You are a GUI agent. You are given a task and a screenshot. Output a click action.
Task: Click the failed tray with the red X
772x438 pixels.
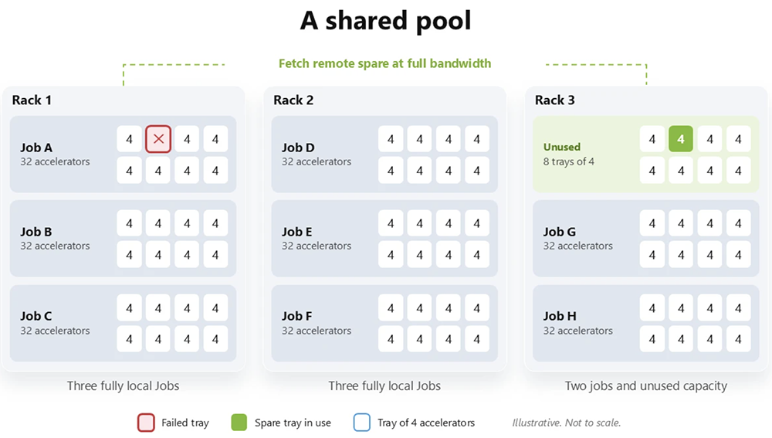click(x=158, y=139)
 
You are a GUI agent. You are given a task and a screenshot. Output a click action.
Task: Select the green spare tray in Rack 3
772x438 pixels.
click(x=680, y=139)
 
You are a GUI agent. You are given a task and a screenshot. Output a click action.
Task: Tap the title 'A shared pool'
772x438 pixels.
click(x=385, y=21)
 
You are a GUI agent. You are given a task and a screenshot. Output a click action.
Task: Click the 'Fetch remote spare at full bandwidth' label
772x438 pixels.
click(x=384, y=63)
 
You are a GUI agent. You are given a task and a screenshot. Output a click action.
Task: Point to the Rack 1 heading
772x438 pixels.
click(x=32, y=100)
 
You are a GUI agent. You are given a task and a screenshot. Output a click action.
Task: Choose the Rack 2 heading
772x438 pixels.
click(x=293, y=100)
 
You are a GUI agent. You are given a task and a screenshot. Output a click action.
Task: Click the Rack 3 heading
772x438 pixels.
click(x=555, y=100)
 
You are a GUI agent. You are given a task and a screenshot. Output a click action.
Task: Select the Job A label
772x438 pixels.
click(x=36, y=148)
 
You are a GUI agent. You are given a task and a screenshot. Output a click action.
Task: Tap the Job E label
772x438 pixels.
click(x=297, y=232)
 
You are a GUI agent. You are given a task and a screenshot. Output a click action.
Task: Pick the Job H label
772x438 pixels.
click(x=560, y=316)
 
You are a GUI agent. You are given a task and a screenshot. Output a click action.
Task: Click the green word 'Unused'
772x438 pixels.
click(x=562, y=147)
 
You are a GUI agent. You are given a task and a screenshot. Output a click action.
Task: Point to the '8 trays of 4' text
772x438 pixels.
click(x=569, y=161)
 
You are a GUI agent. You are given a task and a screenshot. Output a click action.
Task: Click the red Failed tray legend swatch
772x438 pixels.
click(x=146, y=423)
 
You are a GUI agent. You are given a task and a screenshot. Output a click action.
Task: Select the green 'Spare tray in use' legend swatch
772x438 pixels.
click(x=239, y=423)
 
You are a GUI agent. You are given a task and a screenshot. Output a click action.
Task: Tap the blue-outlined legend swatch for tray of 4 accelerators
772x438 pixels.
click(x=362, y=423)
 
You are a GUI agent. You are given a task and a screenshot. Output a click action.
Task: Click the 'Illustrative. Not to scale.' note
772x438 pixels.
click(x=566, y=423)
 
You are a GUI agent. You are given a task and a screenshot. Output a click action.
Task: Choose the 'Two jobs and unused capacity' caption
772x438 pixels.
click(x=645, y=385)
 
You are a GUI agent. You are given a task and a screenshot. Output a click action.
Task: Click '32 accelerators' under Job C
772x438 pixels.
click(x=55, y=331)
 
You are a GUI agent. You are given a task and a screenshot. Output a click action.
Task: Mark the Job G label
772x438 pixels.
click(x=559, y=232)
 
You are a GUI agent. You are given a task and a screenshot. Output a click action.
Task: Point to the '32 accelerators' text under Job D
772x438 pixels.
click(x=317, y=161)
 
